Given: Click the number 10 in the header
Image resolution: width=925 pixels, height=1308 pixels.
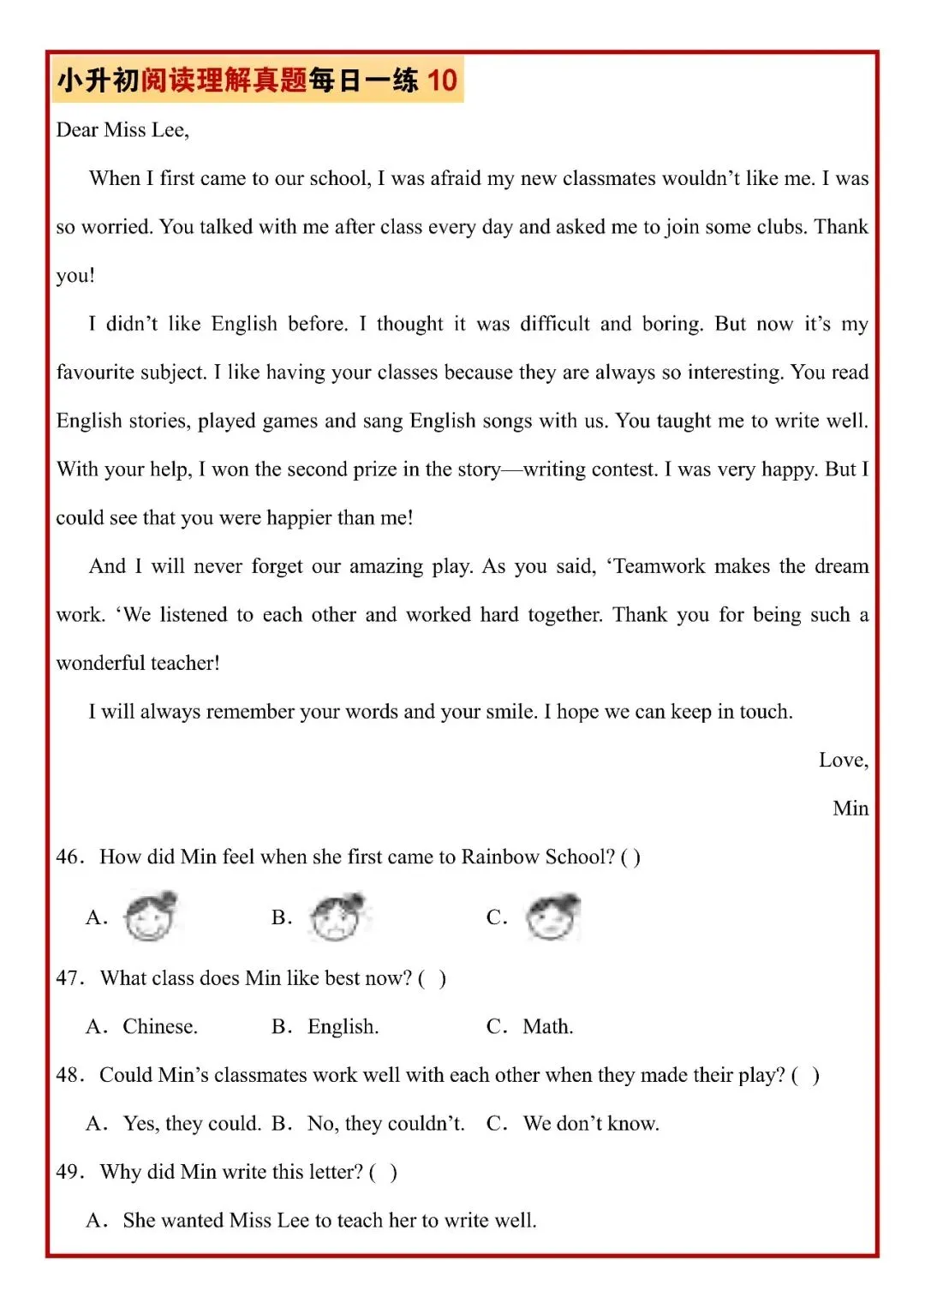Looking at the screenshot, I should tap(442, 81).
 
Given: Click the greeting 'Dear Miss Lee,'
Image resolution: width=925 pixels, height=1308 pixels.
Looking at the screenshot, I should tap(122, 130).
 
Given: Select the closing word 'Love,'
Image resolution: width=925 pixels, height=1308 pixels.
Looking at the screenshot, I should tap(843, 761).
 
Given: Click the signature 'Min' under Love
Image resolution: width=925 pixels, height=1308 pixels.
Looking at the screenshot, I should tap(850, 809).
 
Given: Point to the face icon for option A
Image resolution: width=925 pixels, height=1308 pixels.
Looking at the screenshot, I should tap(150, 916).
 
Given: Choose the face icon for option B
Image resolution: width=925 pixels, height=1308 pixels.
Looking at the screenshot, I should tap(337, 916).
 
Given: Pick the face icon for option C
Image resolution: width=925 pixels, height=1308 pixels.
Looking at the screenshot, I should tap(553, 916).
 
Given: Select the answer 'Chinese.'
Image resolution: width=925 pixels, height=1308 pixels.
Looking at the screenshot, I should tap(160, 1027).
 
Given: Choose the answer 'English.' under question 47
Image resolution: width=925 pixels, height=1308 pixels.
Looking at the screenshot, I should tap(343, 1027).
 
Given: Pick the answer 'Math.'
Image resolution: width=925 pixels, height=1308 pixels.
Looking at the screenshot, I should tap(548, 1027).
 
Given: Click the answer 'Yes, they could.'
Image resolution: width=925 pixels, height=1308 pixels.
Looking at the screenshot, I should tap(192, 1124).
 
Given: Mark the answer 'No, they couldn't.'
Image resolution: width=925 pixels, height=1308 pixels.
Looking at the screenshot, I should tap(385, 1124).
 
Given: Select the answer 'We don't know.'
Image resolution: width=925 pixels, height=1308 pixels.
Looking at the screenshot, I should tap(591, 1124).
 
